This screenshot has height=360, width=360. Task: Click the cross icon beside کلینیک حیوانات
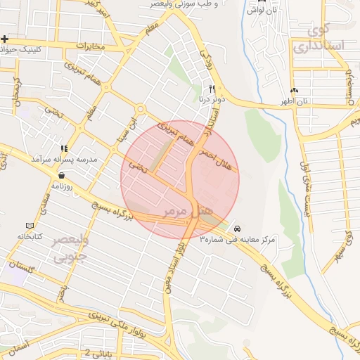tap(5, 39)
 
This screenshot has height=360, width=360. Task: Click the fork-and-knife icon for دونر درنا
tap(212, 89)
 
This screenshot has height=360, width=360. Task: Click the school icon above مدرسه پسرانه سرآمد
tap(65, 149)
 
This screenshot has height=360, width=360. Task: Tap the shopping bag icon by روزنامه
tap(63, 176)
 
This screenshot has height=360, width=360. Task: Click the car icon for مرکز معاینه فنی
tap(238, 229)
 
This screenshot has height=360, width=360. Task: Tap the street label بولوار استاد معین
tap(181, 264)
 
